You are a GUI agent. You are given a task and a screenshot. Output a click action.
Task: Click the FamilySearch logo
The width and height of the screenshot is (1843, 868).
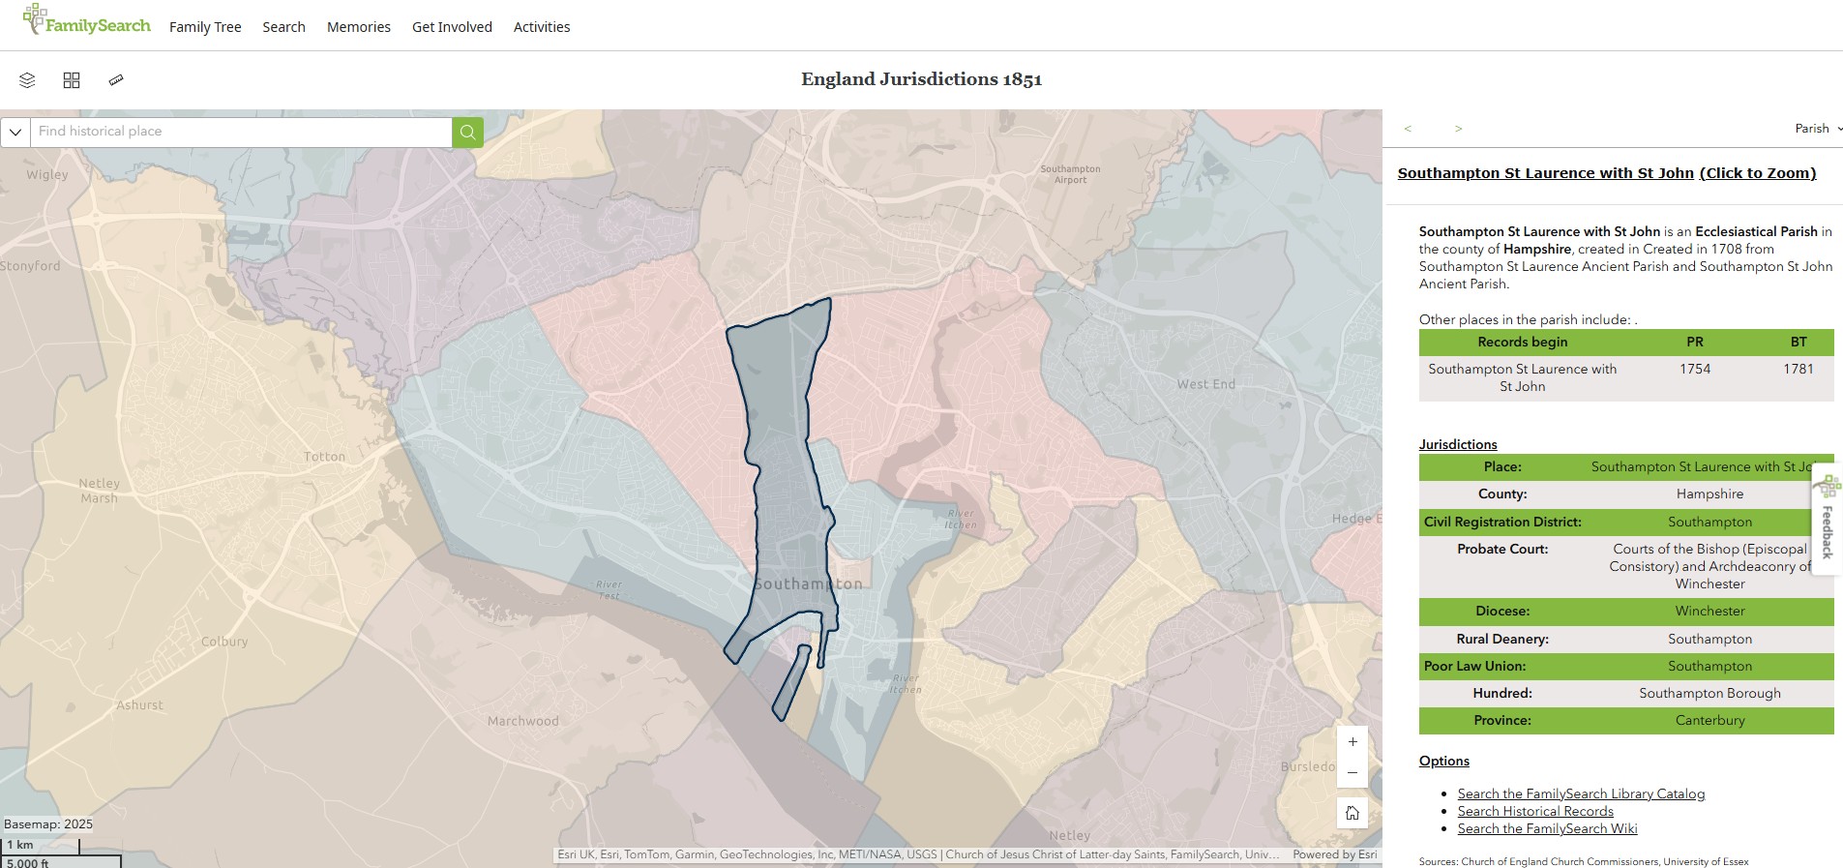(87, 21)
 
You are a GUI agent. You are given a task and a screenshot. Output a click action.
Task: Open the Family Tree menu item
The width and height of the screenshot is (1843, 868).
(205, 27)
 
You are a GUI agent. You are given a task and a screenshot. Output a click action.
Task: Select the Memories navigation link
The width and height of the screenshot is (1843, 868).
(359, 27)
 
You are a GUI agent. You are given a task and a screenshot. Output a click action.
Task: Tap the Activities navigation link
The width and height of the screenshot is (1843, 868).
(542, 27)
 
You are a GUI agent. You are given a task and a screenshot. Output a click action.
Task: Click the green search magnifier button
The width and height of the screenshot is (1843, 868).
(467, 132)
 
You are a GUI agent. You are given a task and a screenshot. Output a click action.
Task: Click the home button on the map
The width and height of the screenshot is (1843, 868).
(1353, 813)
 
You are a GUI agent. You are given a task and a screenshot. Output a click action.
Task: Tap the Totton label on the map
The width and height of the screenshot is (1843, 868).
(324, 457)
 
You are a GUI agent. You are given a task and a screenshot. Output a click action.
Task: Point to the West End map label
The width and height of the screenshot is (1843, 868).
(1205, 384)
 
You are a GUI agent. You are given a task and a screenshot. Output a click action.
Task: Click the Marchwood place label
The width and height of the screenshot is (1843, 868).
(522, 721)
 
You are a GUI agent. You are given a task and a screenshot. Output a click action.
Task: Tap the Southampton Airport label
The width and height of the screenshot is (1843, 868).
(1070, 174)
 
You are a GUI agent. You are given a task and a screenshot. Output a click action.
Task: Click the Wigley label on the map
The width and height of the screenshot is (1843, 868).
(47, 175)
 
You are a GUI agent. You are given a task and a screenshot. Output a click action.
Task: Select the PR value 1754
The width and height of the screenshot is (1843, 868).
(1695, 369)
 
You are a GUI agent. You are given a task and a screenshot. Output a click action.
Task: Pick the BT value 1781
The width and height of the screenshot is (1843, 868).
(1798, 369)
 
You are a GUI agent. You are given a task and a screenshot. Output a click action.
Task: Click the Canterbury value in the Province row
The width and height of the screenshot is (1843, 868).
(1709, 720)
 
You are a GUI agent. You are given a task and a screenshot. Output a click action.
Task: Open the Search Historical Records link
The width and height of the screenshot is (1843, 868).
(1535, 811)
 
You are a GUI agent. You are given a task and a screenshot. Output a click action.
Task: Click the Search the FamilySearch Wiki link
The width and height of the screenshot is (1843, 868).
(1547, 828)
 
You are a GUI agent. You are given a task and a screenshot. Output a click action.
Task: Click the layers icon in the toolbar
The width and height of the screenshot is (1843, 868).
(27, 80)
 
